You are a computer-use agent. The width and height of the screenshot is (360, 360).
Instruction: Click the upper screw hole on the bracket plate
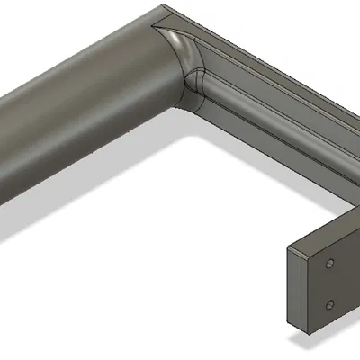coord(330,264)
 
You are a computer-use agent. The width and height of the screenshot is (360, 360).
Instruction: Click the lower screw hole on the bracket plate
coord(329,303)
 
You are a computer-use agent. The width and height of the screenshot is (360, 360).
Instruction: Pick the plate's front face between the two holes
coord(329,283)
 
